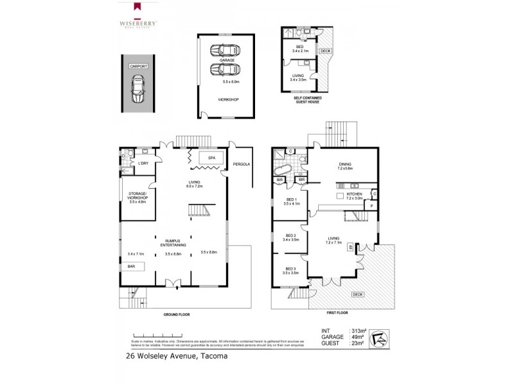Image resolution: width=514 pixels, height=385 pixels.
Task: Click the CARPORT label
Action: pos(137,66)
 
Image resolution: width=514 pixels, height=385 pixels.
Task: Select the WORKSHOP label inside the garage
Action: pos(225,99)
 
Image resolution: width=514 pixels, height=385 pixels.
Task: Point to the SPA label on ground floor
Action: pos(211,157)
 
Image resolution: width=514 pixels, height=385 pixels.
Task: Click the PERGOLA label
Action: pos(242,164)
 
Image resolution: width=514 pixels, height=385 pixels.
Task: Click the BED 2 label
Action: pos(290,235)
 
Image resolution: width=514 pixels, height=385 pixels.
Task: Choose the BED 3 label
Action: pos(290,269)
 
